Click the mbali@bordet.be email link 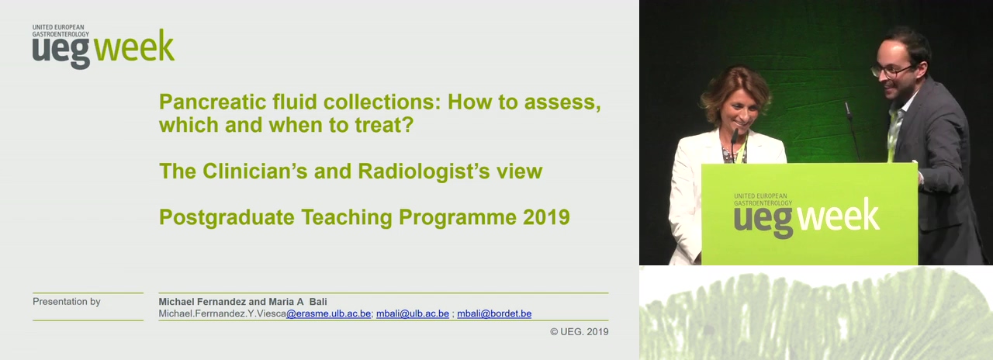[494, 313]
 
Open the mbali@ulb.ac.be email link [413, 313]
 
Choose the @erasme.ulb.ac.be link [328, 313]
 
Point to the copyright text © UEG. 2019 [580, 331]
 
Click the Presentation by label [67, 302]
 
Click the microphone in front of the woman [734, 140]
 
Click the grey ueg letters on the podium [763, 221]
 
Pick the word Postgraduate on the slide [227, 218]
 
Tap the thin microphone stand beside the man [853, 131]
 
